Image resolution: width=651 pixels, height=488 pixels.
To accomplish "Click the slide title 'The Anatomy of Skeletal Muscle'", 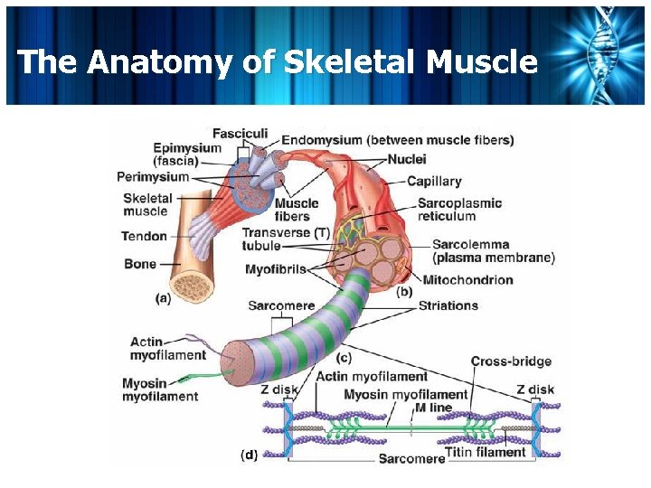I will [x=277, y=61].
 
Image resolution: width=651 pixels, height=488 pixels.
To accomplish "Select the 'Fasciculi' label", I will [x=240, y=134].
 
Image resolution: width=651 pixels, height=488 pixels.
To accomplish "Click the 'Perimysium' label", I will [x=153, y=176].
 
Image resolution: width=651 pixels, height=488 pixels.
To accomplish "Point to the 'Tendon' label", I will [x=145, y=237].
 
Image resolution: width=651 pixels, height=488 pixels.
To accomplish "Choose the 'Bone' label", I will [x=139, y=264].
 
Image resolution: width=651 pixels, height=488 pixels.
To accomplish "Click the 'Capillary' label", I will [x=434, y=182].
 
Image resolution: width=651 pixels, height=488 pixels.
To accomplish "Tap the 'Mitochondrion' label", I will [x=467, y=280].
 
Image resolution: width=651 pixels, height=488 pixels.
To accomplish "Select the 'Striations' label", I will [x=448, y=305].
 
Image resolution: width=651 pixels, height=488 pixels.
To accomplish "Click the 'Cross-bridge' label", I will [x=511, y=361].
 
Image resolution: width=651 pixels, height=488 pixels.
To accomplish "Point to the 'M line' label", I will [x=433, y=407].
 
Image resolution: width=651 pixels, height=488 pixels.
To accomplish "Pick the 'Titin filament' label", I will [x=486, y=451].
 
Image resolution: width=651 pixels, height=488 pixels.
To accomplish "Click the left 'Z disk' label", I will [x=278, y=389].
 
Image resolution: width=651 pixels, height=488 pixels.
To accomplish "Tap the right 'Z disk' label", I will [x=535, y=389].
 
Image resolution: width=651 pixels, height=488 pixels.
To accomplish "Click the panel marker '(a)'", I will [x=164, y=296].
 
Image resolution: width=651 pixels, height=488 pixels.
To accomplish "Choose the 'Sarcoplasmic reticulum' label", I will [x=458, y=210].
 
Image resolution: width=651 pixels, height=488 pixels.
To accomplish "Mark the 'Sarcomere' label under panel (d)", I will [x=411, y=458].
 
